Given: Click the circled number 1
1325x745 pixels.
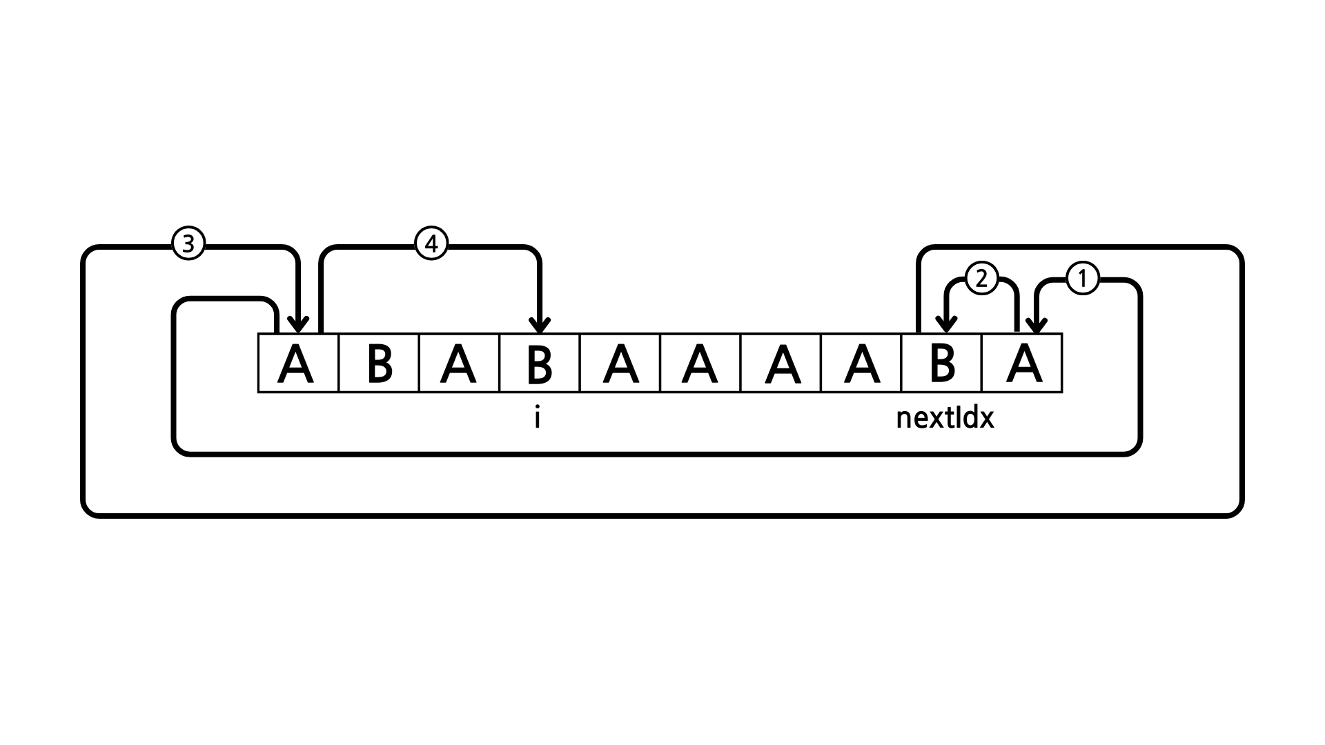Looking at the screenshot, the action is [x=1082, y=279].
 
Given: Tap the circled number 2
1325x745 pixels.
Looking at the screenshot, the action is [x=981, y=279].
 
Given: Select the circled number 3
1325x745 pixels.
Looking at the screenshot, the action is [x=188, y=244].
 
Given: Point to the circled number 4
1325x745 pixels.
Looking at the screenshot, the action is [x=431, y=244].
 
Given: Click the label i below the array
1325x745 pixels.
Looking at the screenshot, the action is [x=537, y=418].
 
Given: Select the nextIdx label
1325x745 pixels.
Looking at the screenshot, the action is [x=945, y=418].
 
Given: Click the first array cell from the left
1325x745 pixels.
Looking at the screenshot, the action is [x=298, y=364].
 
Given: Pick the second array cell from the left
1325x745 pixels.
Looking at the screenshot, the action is [x=379, y=364].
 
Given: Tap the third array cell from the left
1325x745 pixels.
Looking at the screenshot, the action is [x=459, y=364].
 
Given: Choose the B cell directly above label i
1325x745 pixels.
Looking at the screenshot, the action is [x=540, y=364].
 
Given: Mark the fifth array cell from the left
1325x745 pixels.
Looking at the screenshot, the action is [x=620, y=364].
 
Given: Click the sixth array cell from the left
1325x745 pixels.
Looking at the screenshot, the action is [x=700, y=364].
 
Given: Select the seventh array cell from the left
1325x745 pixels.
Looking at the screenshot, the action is [x=781, y=364].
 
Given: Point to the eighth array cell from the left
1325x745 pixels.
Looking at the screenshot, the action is [x=861, y=364].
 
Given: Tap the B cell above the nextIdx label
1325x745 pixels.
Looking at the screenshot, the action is [x=941, y=364].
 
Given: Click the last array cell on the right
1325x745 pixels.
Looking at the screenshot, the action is [x=1022, y=364].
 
